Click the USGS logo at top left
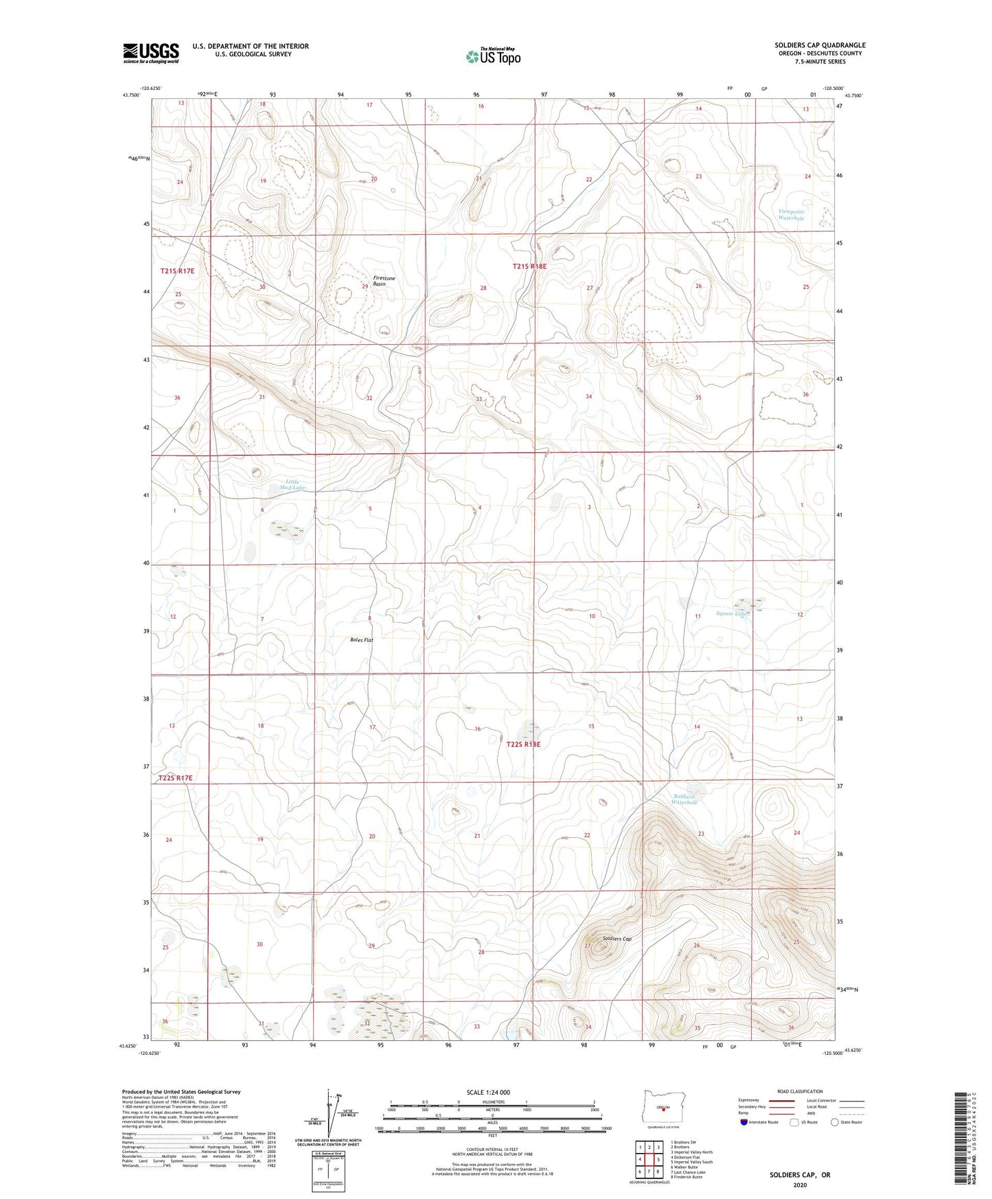[151, 53]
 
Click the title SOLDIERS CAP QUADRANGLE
[820, 45]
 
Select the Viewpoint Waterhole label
[791, 215]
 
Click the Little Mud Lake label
[292, 485]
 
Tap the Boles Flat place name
[361, 640]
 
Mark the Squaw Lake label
[732, 613]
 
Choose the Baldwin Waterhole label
[684, 799]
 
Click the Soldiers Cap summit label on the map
[616, 939]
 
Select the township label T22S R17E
[175, 778]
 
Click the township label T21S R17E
[177, 271]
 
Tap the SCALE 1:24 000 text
[487, 1092]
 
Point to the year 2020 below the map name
[799, 1185]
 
